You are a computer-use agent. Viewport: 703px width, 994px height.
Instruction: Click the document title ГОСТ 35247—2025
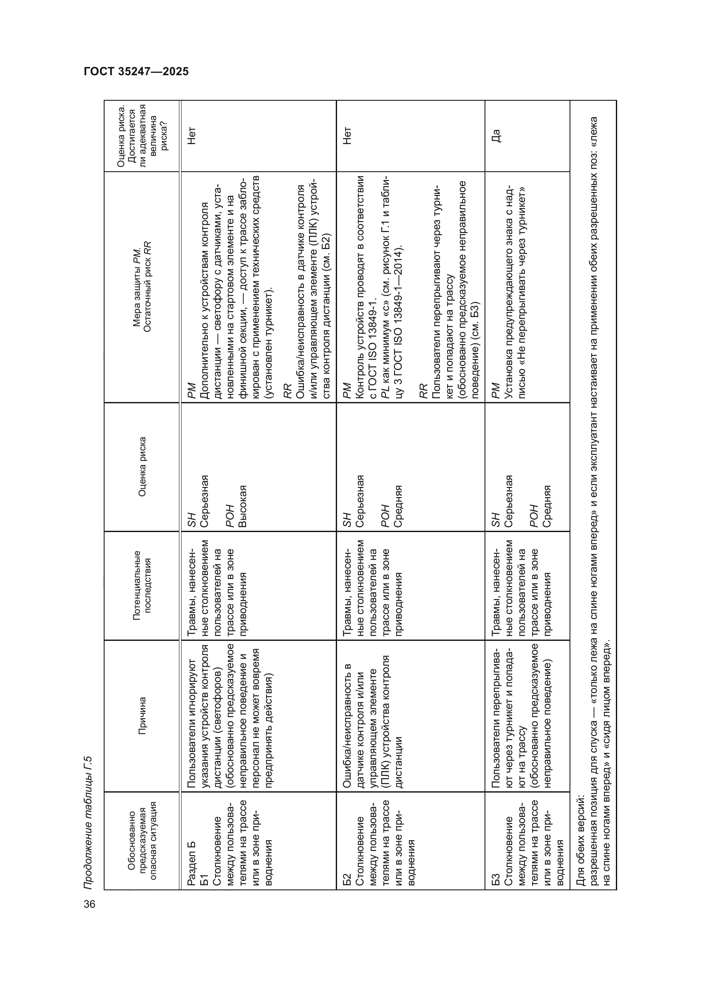coord(136,71)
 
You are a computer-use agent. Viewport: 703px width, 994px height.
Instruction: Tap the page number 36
coord(90,904)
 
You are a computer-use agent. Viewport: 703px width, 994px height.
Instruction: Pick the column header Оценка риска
coord(142,467)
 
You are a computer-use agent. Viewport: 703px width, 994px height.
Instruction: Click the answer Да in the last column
coord(496,136)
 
